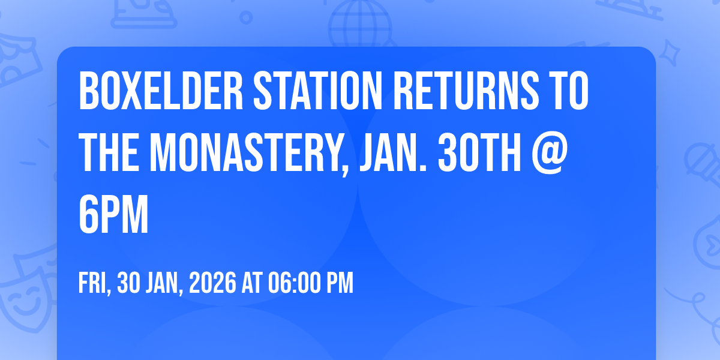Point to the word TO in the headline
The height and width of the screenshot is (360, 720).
(x=565, y=91)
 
